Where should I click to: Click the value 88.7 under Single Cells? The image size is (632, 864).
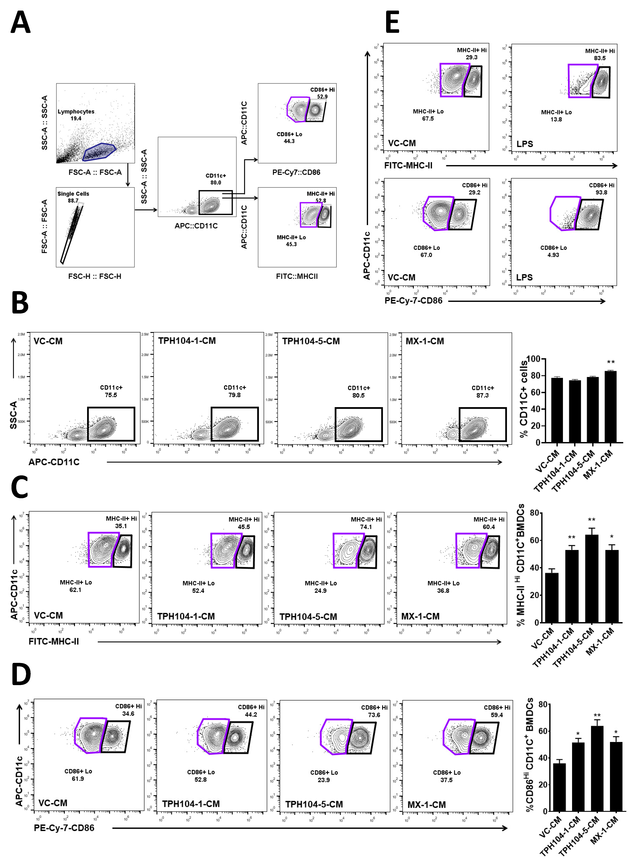tap(73, 201)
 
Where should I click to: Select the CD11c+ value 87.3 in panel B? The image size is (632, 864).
tap(482, 395)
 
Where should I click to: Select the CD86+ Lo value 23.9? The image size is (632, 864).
tap(324, 780)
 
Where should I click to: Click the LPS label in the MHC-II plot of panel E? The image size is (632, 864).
tap(525, 144)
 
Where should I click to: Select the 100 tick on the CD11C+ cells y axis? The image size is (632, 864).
tap(533, 359)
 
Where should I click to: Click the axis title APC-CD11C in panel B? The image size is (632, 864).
tap(54, 462)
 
